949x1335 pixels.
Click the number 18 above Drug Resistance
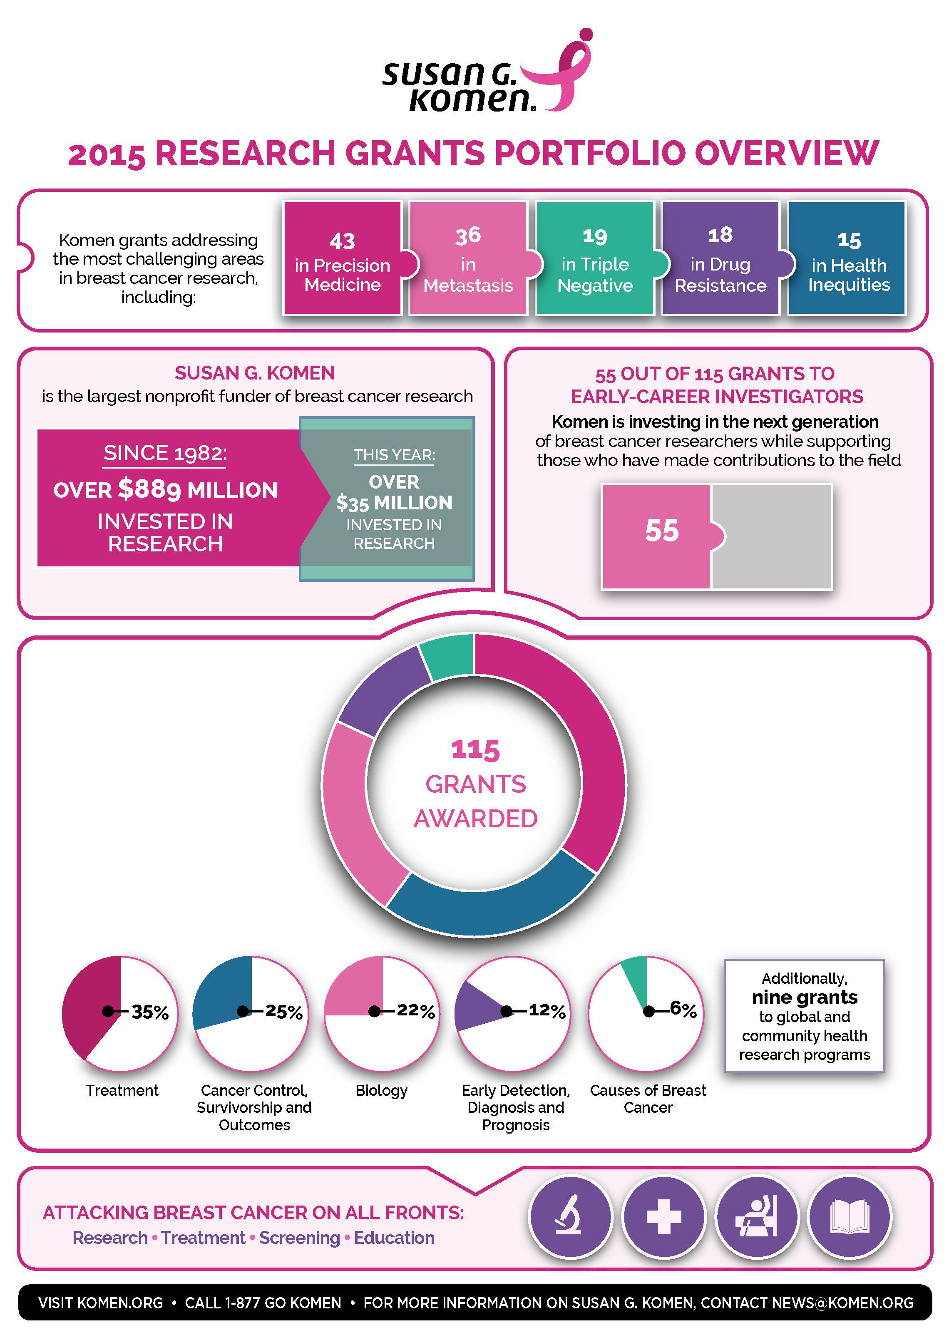720,235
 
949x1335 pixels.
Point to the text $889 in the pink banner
149,489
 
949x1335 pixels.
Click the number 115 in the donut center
475,749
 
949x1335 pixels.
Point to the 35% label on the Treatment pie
150,1011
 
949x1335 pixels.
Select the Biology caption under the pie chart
382,1090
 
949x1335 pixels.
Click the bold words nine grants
804,998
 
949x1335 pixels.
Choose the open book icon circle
849,1217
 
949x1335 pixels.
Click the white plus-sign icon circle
663,1217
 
